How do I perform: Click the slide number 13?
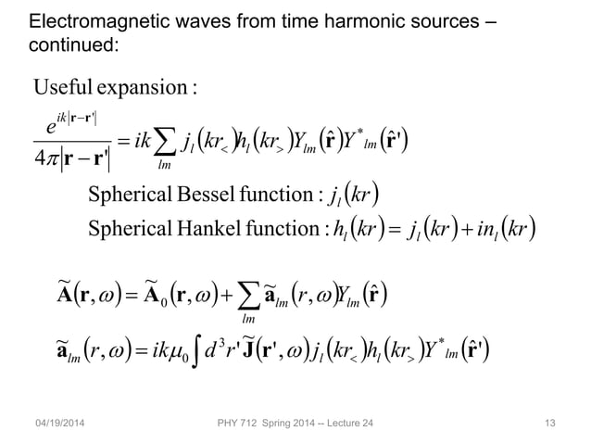click(552, 424)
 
